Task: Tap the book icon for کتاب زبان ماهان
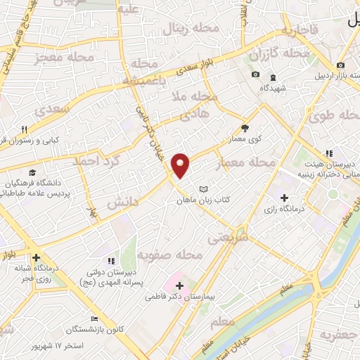(x=204, y=190)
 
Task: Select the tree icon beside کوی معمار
(x=245, y=128)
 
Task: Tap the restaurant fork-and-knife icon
(x=24, y=129)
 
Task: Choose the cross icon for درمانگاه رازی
(x=284, y=198)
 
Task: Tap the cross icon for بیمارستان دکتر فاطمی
(x=180, y=285)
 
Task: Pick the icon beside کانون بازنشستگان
(x=94, y=320)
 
